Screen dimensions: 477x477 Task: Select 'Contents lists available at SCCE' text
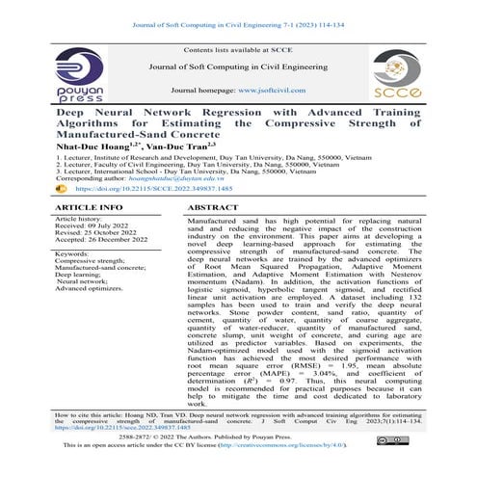click(238, 48)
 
